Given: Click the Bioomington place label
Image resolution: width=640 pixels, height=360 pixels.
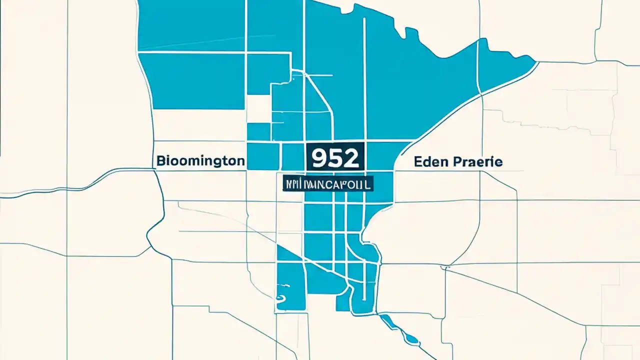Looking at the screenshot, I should (200, 161).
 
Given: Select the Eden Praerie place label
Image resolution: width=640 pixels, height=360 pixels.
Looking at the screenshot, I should (458, 161).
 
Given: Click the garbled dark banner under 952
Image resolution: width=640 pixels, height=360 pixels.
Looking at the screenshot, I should (327, 183).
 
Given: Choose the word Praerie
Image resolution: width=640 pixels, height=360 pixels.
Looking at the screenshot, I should (477, 161).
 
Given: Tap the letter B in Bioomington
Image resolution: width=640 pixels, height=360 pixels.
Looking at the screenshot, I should (161, 161).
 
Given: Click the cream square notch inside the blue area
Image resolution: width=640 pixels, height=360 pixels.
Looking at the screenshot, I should (258, 109).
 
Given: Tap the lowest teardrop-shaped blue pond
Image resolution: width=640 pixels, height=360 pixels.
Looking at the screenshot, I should (412, 339).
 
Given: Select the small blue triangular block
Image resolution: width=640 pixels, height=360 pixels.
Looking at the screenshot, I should (286, 253).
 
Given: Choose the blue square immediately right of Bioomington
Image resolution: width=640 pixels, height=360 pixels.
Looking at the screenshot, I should (263, 156).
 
